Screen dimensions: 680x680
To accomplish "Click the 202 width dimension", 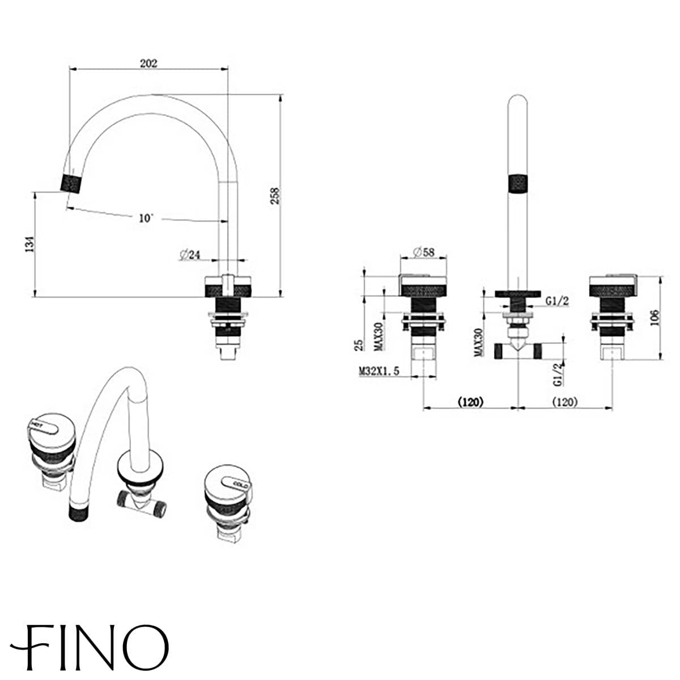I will click(x=148, y=63).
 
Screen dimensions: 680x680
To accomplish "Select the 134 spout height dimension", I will click(x=31, y=244).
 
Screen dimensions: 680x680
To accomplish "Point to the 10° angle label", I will click(x=146, y=218).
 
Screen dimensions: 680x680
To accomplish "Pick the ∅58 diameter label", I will click(x=423, y=252).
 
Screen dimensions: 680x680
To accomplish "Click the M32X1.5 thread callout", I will click(x=379, y=371).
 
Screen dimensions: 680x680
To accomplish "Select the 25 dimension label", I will click(x=358, y=345).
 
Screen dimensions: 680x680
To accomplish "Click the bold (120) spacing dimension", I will click(x=470, y=402).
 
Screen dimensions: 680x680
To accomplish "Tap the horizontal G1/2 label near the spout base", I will click(x=558, y=302).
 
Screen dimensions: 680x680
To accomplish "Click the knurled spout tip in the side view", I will click(x=72, y=181).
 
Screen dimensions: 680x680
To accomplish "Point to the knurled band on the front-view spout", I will click(x=518, y=185).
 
